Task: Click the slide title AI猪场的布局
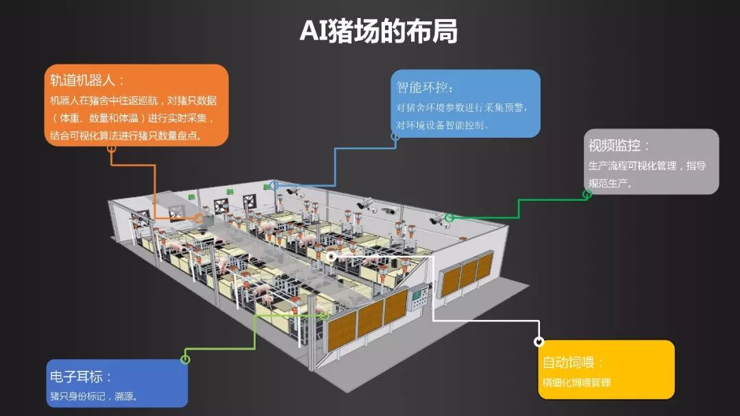click(378, 31)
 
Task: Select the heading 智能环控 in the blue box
click(425, 88)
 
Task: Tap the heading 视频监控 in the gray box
click(618, 145)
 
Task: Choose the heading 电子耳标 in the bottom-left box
click(80, 376)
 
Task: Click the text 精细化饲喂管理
click(576, 382)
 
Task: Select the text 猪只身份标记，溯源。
click(94, 395)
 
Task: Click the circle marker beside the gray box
click(587, 194)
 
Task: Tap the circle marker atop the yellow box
click(539, 341)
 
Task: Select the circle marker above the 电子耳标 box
click(185, 359)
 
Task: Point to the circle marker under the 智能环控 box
click(395, 136)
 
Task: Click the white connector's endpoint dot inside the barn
click(332, 256)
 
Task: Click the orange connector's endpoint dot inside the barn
click(199, 219)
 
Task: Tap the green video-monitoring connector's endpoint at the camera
click(449, 218)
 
